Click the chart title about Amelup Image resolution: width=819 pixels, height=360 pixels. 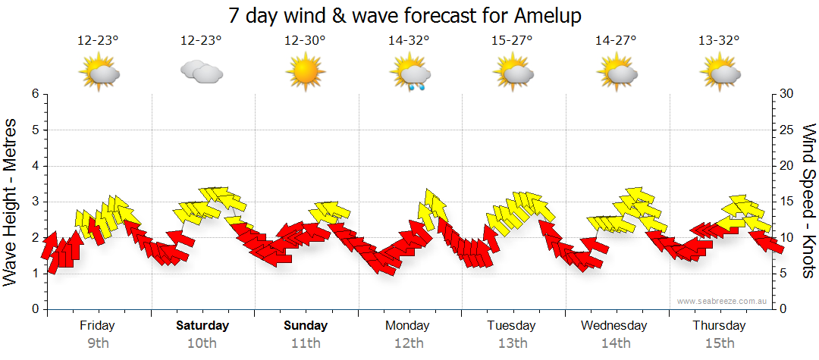409,15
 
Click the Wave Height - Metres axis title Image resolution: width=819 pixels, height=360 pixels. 11,202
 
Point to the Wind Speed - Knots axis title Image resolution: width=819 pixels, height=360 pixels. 808,202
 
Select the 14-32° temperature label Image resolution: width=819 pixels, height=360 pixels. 409,41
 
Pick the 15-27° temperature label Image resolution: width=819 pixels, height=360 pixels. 512,41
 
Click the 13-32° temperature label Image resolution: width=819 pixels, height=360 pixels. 719,41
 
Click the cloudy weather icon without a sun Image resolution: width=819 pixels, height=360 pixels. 202,73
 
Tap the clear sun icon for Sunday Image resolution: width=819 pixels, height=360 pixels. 305,73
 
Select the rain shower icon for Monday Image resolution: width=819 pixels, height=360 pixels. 409,74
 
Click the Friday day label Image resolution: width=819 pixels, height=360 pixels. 97,326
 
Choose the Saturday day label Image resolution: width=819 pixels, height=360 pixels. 202,326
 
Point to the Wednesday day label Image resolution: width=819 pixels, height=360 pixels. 614,326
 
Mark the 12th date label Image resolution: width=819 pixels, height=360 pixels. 409,343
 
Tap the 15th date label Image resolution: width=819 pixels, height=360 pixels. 719,343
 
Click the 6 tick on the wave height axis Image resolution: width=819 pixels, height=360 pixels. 34,94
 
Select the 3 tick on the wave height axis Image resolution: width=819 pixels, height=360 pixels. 34,202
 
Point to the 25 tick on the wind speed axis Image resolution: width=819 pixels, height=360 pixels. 787,130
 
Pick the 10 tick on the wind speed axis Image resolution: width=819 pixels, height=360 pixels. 787,238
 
